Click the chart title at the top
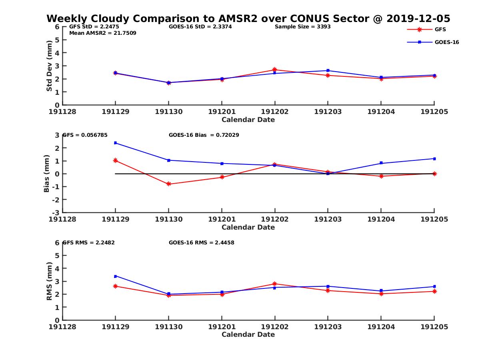click(x=248, y=18)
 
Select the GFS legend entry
click(x=440, y=29)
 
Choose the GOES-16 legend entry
click(x=446, y=42)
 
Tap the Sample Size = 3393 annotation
click(x=302, y=27)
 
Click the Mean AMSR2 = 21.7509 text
click(x=103, y=33)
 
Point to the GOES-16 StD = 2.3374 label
click(x=200, y=27)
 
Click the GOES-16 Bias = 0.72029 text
click(x=204, y=135)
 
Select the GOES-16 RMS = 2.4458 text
click(x=202, y=242)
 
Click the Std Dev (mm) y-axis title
click(x=49, y=66)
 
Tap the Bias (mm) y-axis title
click(x=47, y=174)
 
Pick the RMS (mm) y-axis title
click(x=49, y=281)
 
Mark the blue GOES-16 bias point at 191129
click(x=115, y=143)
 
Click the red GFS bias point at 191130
click(x=168, y=184)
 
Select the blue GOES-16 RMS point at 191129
click(x=115, y=276)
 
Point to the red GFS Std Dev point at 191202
click(x=275, y=70)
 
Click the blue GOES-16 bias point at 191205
click(x=434, y=159)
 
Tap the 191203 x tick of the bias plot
click(x=328, y=219)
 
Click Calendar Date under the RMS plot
click(x=248, y=334)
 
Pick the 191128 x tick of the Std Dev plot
click(x=62, y=112)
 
